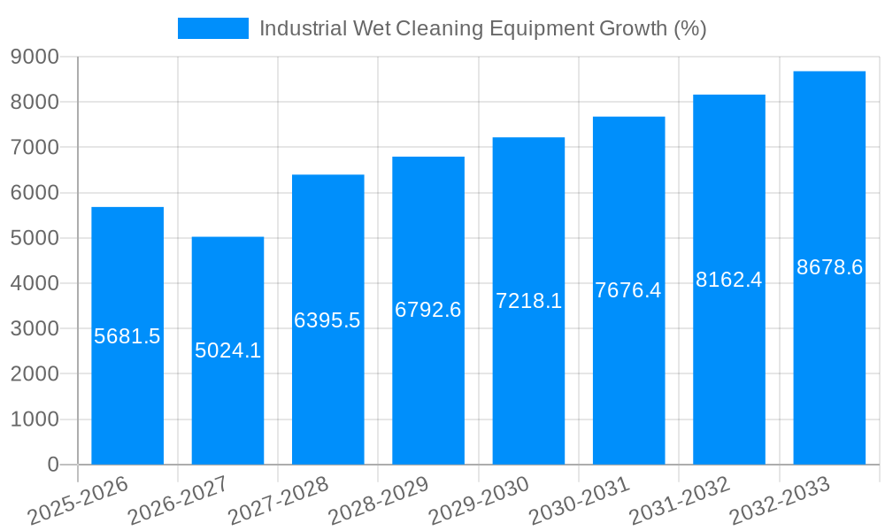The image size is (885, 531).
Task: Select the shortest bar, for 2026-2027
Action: pyautogui.click(x=227, y=407)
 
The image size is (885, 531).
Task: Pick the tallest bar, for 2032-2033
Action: pyautogui.click(x=829, y=354)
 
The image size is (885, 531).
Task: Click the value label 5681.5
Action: pyautogui.click(x=127, y=336)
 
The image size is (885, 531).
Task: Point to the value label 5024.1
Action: pyautogui.click(x=227, y=350)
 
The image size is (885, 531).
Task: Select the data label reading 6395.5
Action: pyautogui.click(x=327, y=320)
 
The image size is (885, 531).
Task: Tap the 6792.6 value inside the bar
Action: pyautogui.click(x=428, y=310)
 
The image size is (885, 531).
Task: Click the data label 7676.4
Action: pyautogui.click(x=628, y=290)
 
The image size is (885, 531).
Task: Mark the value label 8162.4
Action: pyautogui.click(x=728, y=280)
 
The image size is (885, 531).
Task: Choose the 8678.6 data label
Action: pyautogui.click(x=829, y=267)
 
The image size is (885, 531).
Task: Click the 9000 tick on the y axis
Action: pyautogui.click(x=35, y=57)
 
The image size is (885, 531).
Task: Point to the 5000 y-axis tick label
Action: pyautogui.click(x=35, y=238)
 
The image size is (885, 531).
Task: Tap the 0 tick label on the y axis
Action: pyautogui.click(x=52, y=465)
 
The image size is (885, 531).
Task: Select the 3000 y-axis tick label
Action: pyautogui.click(x=35, y=329)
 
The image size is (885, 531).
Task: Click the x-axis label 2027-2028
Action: pyautogui.click(x=279, y=501)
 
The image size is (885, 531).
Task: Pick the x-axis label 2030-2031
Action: pyautogui.click(x=580, y=501)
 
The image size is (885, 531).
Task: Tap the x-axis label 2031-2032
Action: pyautogui.click(x=680, y=501)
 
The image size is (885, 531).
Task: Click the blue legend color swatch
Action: pyautogui.click(x=213, y=28)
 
